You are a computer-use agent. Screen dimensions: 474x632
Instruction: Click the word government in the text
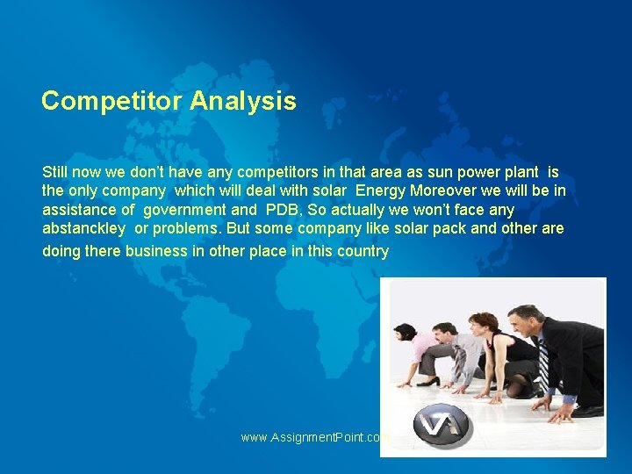pyautogui.click(x=183, y=210)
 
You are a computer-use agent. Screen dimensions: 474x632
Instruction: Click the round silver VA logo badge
pyautogui.click(x=442, y=428)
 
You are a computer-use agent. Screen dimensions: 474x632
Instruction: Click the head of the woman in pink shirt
pyautogui.click(x=405, y=332)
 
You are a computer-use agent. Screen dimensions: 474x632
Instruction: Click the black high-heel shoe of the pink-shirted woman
pyautogui.click(x=427, y=382)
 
